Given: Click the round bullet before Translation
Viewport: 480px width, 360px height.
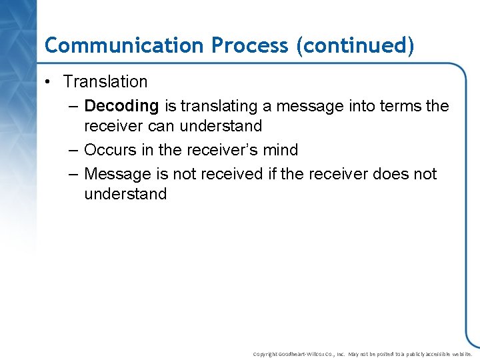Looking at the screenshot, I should coord(49,82).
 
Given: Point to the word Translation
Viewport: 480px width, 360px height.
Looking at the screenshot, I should coord(105,82).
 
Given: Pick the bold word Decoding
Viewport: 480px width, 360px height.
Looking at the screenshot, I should coord(121,106).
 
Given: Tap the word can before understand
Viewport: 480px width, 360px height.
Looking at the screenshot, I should coord(160,126).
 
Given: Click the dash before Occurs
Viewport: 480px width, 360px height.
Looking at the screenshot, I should coord(73,150).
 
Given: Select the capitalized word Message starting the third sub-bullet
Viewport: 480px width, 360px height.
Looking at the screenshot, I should coord(118,174).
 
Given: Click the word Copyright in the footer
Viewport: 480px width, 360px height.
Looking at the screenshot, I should coord(265,354).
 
